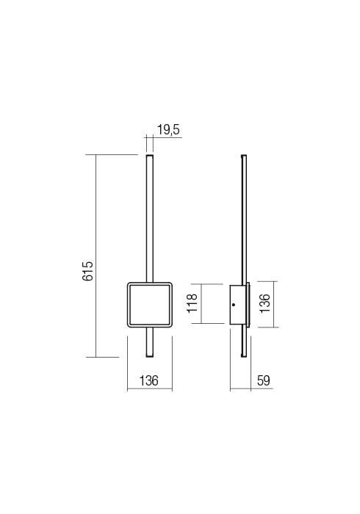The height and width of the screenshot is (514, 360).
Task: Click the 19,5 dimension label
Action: click(x=168, y=130)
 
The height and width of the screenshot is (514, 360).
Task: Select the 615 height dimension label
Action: click(x=88, y=271)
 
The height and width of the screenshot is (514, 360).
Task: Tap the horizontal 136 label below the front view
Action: click(x=149, y=380)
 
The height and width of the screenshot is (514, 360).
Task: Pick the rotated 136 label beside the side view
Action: click(x=265, y=303)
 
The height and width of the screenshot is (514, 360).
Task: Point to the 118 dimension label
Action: click(x=192, y=303)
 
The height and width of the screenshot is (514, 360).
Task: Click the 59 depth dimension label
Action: click(x=263, y=380)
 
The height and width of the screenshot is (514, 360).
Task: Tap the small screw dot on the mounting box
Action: click(x=234, y=305)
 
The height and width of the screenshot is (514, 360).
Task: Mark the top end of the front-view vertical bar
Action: click(x=149, y=155)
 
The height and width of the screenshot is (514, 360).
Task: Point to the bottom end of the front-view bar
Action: click(x=149, y=357)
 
